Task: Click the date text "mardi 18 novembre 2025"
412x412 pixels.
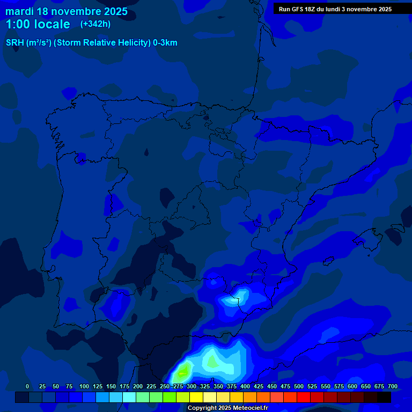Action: coord(67,11)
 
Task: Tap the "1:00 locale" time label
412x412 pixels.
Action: coord(38,24)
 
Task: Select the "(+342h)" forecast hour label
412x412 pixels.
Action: coord(95,24)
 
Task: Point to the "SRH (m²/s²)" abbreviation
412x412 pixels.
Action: coord(28,43)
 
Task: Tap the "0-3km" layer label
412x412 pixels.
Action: coord(165,43)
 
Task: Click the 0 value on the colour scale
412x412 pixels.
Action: coord(27,386)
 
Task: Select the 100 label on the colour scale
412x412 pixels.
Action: coord(84,386)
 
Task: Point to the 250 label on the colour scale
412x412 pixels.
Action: coord(165,386)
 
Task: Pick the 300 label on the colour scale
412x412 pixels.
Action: coord(192,386)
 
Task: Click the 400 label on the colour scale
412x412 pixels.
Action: coord(245,386)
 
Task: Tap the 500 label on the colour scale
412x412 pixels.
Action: coord(299,386)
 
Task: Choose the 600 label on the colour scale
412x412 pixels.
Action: coord(352,386)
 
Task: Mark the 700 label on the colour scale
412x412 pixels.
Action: coord(393,386)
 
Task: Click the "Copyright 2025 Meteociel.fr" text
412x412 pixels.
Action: coord(227,408)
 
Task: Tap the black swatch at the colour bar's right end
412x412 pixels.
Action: coord(384,398)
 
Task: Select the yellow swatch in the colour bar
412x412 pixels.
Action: coord(196,398)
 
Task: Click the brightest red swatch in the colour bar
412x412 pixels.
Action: coord(304,398)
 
